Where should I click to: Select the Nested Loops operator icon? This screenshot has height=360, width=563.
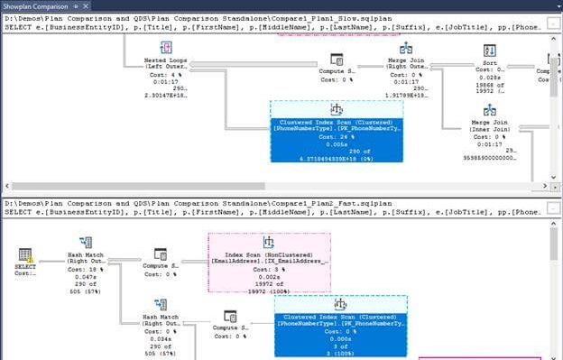(162, 48)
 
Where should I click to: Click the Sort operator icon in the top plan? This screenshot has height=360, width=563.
(489, 50)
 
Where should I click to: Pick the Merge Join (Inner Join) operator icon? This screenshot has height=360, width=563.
(488, 110)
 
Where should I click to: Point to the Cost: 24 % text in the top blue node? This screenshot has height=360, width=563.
(337, 139)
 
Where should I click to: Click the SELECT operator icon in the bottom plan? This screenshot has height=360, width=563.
(25, 255)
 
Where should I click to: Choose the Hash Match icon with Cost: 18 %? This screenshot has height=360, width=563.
(88, 245)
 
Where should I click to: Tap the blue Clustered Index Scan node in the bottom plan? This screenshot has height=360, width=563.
(339, 326)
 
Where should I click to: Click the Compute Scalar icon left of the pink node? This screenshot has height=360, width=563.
(160, 255)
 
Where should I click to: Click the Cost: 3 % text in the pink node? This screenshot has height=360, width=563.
(269, 269)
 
